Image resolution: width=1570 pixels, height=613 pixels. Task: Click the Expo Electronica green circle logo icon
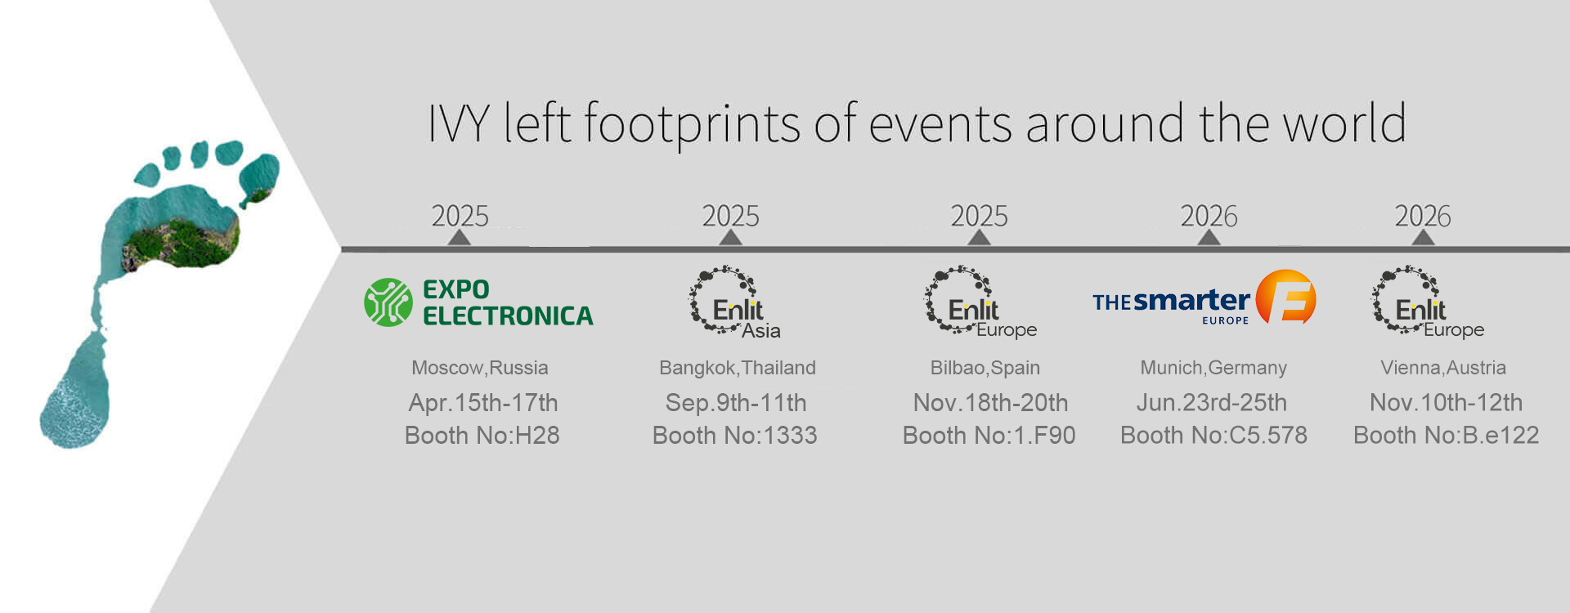(388, 302)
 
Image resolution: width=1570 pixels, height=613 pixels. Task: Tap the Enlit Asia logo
(733, 302)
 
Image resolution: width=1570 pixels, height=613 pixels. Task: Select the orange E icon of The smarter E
(1285, 297)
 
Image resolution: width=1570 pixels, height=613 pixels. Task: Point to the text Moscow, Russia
(480, 368)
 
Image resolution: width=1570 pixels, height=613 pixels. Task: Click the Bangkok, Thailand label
(738, 368)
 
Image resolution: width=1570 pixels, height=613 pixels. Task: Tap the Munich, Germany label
(1213, 368)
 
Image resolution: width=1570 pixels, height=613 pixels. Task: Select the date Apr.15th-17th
(483, 403)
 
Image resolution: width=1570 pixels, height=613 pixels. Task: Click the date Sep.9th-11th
(736, 403)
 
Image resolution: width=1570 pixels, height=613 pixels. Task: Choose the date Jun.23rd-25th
(1212, 403)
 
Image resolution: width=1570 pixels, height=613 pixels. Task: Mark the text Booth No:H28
(482, 436)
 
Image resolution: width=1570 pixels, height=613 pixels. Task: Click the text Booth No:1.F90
(989, 436)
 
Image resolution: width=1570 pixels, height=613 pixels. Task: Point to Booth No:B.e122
(1447, 436)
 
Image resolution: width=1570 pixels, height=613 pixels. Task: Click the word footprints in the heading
(692, 124)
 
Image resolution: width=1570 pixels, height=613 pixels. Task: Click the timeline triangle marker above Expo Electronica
(460, 237)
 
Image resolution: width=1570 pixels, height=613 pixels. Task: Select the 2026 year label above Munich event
(1209, 216)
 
